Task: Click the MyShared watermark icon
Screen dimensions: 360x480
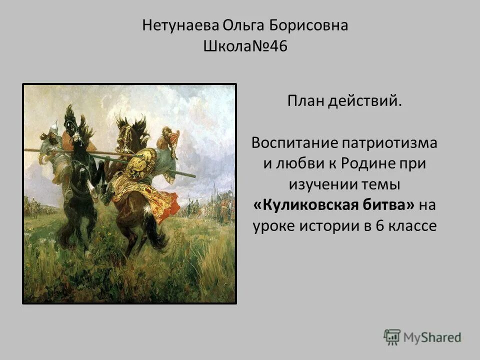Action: click(392, 337)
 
